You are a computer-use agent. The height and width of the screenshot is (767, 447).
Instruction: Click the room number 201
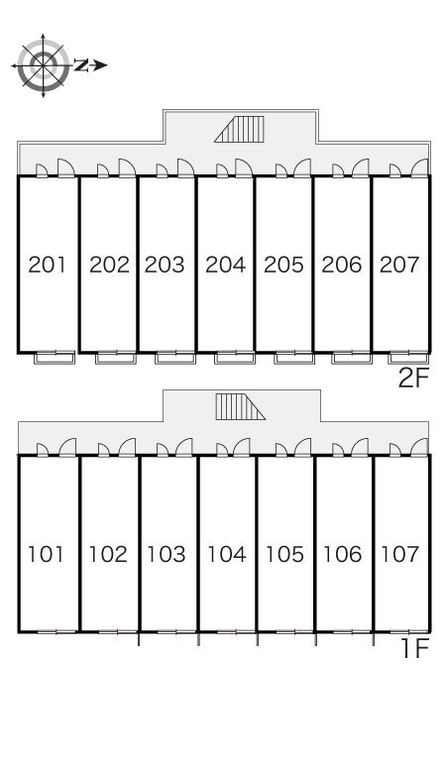47,265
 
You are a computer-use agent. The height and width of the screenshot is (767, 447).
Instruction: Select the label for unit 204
225,265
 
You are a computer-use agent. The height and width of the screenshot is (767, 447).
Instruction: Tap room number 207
399,265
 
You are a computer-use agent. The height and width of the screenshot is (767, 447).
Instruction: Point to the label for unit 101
46,554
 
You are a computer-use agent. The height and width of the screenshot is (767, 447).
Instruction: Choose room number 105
284,554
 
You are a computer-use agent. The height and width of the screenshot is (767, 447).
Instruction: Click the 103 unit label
167,554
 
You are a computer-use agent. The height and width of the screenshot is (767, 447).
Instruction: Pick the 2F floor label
413,378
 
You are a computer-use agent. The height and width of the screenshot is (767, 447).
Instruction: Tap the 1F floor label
415,649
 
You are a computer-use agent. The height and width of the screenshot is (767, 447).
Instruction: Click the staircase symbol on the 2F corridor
239,129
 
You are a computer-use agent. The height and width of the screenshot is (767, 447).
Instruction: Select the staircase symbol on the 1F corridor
240,407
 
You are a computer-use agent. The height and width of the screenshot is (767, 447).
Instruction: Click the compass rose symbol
43,65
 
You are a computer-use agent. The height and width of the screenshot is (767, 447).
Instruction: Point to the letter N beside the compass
81,65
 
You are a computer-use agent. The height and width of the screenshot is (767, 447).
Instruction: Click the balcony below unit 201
55,358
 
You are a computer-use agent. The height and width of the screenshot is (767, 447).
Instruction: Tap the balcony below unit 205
294,358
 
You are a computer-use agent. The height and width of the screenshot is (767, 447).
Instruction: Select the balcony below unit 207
409,358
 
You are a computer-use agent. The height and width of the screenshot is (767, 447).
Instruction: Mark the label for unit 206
342,265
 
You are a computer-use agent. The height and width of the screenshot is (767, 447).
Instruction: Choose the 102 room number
108,554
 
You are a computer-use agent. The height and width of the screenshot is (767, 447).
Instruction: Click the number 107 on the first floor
400,554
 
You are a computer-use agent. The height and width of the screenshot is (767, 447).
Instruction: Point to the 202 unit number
110,265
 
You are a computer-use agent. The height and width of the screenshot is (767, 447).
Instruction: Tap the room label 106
342,554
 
